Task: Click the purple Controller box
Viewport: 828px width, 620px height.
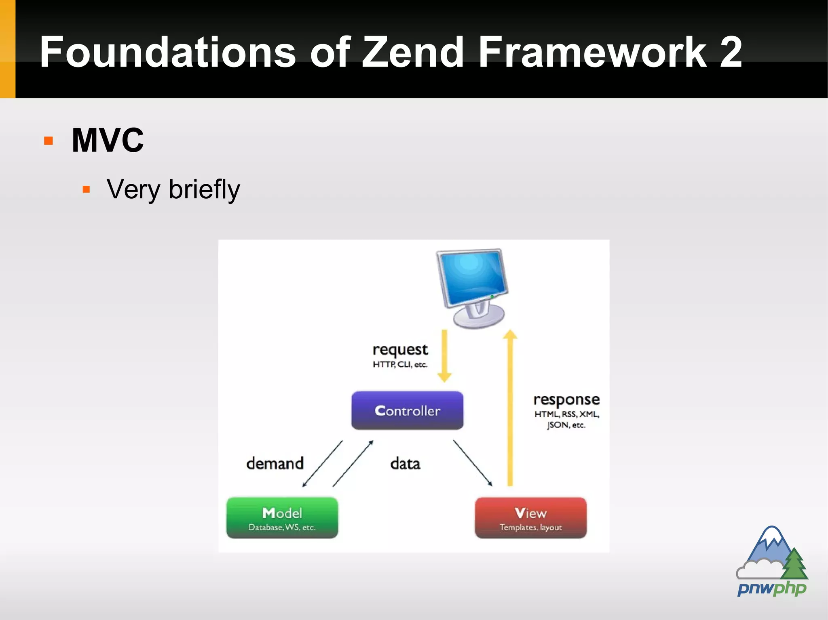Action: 407,410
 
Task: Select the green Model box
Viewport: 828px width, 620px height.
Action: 282,518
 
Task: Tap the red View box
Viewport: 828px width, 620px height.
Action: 530,518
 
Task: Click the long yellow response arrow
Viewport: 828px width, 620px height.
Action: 510,408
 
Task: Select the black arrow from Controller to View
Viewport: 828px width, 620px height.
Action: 472,463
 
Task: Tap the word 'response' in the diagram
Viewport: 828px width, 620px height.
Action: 566,400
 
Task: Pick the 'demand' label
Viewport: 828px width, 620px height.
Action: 275,463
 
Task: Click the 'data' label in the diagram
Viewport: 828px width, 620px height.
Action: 405,464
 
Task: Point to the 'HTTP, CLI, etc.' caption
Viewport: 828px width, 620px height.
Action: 400,365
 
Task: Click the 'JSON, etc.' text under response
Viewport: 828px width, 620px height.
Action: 566,425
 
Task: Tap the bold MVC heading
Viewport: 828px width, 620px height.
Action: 108,140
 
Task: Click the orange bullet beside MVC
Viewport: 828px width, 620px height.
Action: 49,141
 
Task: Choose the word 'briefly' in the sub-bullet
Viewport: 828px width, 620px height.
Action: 204,189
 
